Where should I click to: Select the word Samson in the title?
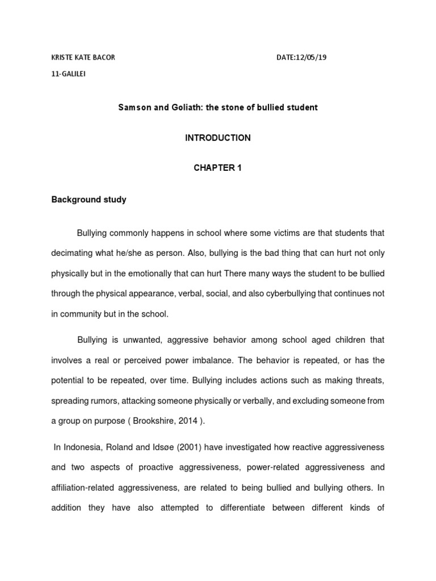[x=132, y=107]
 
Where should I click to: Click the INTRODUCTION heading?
[x=217, y=138]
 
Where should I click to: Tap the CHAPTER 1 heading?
[x=217, y=169]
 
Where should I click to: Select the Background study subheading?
[x=89, y=200]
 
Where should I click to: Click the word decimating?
[x=74, y=253]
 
